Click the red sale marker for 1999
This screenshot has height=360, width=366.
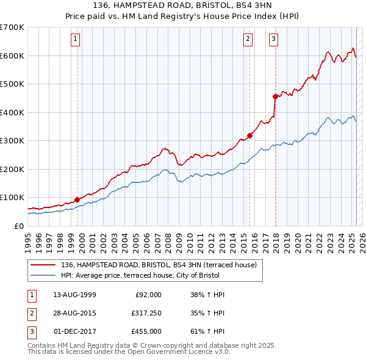point(77,200)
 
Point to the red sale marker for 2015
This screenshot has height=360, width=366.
point(249,135)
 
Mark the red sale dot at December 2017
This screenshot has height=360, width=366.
point(275,96)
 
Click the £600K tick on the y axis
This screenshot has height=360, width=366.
point(12,56)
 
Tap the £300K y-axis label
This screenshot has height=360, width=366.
point(12,141)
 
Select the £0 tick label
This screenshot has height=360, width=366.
point(19,226)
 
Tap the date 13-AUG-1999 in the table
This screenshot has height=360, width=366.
point(74,295)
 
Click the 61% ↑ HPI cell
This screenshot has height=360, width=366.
point(208,331)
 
